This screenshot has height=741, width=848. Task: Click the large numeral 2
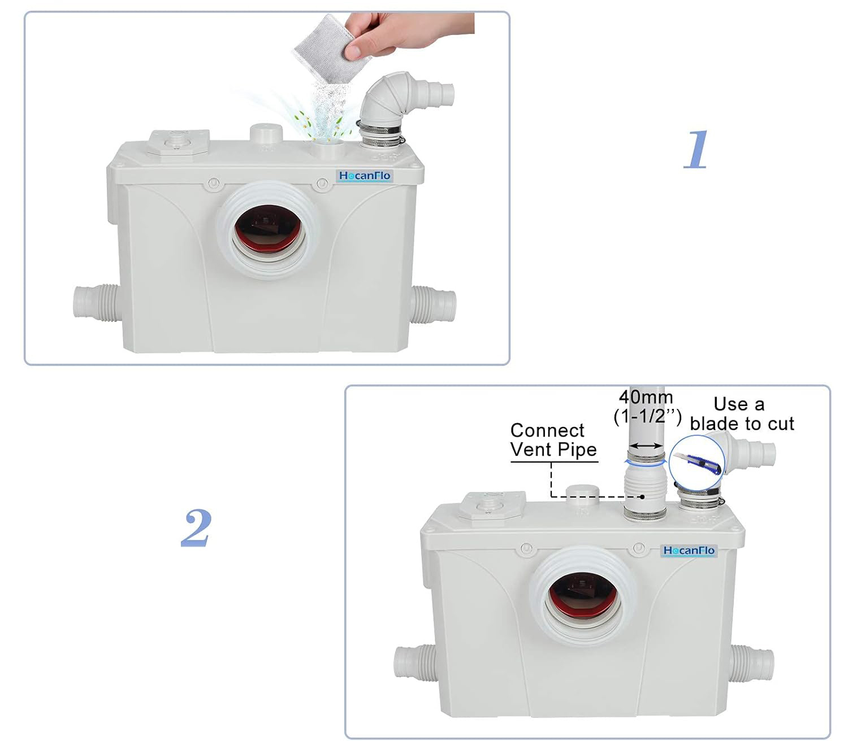[196, 528]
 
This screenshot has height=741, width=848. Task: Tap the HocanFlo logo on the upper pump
[364, 176]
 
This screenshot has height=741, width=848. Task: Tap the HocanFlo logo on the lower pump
[689, 550]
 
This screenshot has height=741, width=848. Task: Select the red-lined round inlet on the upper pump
[270, 230]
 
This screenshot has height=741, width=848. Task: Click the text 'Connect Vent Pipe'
[553, 440]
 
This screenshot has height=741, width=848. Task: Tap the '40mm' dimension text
[646, 398]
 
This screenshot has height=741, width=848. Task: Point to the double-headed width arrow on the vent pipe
[646, 446]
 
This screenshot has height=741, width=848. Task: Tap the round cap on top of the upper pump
[266, 133]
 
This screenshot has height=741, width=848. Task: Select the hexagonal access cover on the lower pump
[492, 506]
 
